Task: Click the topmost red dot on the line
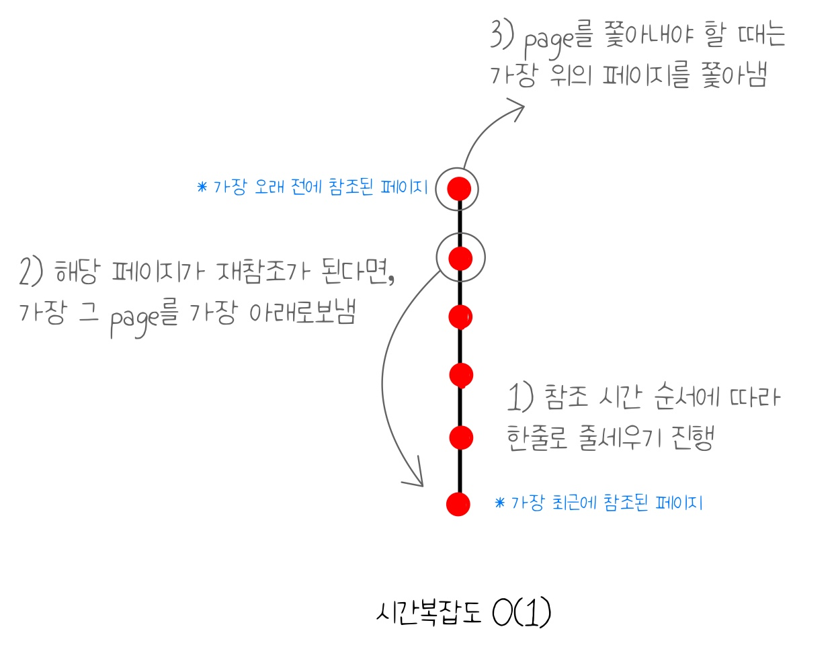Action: [x=459, y=189]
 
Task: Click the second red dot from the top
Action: [x=460, y=258]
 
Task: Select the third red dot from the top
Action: [x=460, y=317]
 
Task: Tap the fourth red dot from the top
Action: [x=461, y=375]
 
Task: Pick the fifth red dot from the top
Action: [x=461, y=437]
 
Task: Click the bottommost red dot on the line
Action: [x=458, y=503]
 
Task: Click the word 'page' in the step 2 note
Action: [x=134, y=319]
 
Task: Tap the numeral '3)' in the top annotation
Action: [x=501, y=35]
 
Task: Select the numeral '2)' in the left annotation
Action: [x=31, y=272]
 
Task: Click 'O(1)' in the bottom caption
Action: [x=522, y=612]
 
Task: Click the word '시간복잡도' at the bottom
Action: [x=429, y=612]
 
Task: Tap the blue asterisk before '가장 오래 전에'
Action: [x=202, y=187]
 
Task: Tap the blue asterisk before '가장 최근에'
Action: [x=499, y=503]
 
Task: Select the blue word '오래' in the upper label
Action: [x=269, y=186]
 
